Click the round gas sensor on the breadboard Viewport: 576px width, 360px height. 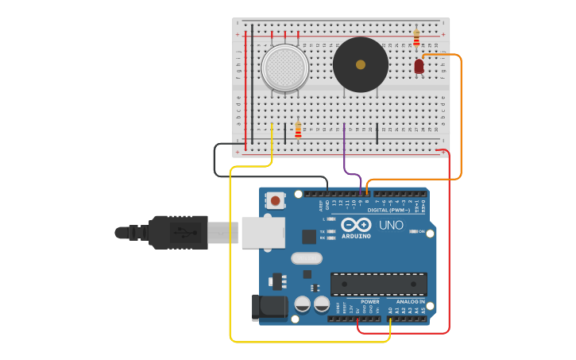point(284,68)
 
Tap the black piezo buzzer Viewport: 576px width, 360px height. point(360,64)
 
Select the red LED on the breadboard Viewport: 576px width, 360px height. point(419,67)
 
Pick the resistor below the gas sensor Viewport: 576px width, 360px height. point(298,130)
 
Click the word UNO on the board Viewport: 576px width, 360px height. point(391,226)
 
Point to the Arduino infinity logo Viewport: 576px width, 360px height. point(356,225)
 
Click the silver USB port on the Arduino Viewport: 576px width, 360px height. point(263,233)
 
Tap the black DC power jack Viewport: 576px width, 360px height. point(269,308)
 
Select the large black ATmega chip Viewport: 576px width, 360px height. point(378,285)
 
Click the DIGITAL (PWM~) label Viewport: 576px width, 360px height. point(394,210)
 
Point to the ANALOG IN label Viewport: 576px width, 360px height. point(411,302)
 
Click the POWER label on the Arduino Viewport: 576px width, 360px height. point(369,302)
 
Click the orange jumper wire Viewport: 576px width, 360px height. point(461,119)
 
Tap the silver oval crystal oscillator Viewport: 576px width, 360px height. point(306,258)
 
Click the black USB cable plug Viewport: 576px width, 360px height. point(179,232)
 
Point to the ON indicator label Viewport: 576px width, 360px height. point(421,231)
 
